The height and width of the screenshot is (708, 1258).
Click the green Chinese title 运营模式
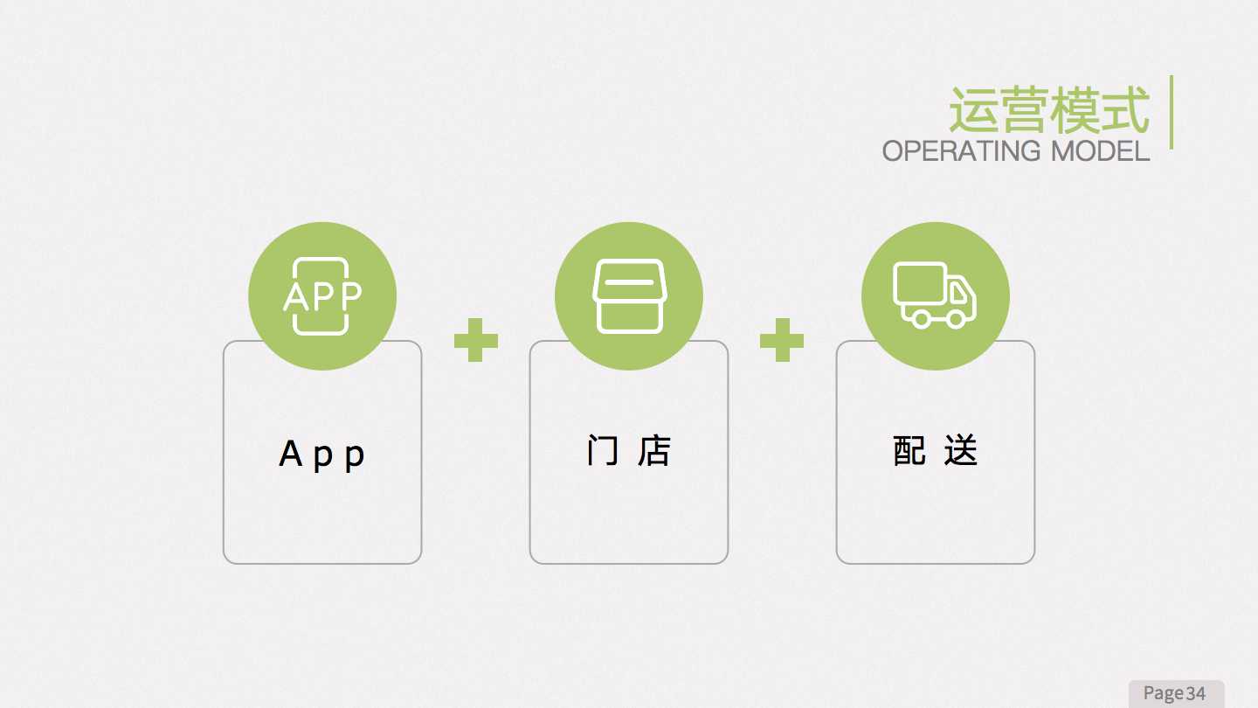point(1049,110)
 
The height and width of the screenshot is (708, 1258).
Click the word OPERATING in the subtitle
point(961,151)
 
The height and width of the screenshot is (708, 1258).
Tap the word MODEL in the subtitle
point(1100,151)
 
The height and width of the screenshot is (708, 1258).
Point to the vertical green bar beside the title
point(1172,113)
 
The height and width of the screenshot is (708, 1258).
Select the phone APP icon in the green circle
point(321,296)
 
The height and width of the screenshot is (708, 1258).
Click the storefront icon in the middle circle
point(630,296)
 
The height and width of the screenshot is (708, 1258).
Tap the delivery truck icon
point(935,295)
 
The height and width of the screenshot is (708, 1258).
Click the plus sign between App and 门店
point(475,340)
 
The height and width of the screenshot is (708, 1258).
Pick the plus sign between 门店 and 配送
point(782,340)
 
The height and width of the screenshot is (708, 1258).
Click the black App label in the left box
point(321,455)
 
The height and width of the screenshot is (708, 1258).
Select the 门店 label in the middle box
point(629,451)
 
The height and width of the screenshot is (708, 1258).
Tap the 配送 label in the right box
point(936,451)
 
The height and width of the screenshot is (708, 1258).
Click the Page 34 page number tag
point(1176,693)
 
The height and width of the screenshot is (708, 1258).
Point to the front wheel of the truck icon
point(956,319)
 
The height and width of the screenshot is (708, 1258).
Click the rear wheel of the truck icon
point(921,319)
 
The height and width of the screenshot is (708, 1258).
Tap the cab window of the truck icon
point(958,293)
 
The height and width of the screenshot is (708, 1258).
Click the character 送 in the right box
point(961,451)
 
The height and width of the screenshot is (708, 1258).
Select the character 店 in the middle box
point(654,451)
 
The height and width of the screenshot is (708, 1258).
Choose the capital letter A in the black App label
point(290,453)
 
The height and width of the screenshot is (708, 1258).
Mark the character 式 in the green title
point(1125,110)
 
